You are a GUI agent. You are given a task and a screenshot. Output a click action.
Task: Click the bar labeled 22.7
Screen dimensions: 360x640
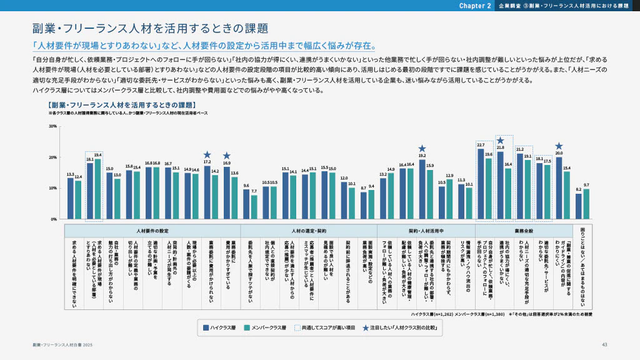pos(481,184)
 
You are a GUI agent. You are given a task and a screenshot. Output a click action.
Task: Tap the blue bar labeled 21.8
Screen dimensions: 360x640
pos(500,185)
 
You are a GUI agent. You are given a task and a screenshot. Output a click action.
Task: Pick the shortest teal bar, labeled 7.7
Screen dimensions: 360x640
pos(254,207)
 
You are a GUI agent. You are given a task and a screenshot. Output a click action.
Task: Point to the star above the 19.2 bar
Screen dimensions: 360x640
pos(422,149)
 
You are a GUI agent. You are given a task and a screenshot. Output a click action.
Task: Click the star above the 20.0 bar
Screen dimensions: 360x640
pos(559,146)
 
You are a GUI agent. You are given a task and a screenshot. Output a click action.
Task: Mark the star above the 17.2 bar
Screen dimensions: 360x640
pos(207,154)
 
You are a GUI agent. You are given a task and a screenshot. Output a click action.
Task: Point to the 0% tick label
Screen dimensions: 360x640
pos(54,219)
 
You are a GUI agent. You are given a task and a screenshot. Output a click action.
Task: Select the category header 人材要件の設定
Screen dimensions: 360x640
pos(152,231)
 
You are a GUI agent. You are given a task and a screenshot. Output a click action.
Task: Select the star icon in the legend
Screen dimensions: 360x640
pos(366,327)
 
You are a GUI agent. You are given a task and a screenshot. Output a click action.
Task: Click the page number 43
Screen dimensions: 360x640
pos(604,345)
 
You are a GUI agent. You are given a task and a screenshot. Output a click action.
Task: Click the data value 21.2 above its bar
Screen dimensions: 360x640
pos(519,149)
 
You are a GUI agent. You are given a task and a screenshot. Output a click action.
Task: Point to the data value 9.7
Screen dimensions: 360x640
pos(586,185)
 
